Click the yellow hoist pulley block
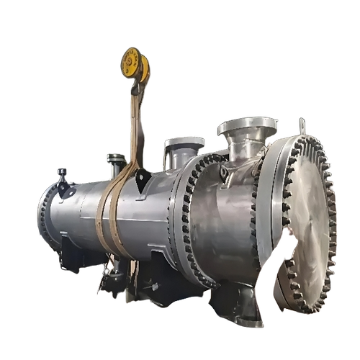click(135, 65)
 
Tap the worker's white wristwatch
click(278, 252)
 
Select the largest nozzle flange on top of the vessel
click(247, 128)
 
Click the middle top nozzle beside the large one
click(184, 145)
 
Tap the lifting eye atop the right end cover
click(302, 127)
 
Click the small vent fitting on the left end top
click(62, 174)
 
